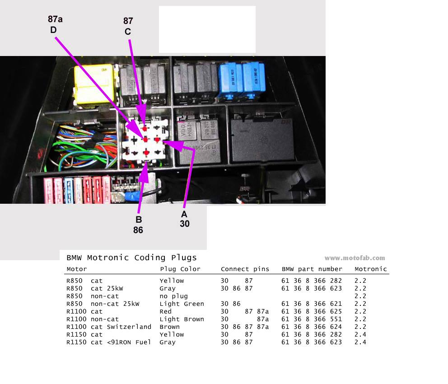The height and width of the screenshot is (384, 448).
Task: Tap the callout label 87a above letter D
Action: (x=55, y=19)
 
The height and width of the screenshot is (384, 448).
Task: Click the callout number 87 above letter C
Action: (x=129, y=21)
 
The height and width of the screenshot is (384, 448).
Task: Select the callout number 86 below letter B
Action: (x=138, y=230)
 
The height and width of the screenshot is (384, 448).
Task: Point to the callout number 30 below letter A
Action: (x=184, y=224)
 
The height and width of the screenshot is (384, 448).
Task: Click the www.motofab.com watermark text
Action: (x=355, y=258)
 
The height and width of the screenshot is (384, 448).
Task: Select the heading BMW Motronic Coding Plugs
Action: (x=131, y=258)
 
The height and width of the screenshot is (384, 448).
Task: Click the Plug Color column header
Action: (x=180, y=269)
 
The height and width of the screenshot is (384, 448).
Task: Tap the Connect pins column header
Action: (x=245, y=269)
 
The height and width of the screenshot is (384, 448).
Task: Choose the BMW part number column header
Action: (x=312, y=269)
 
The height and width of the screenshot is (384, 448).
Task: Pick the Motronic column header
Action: (x=371, y=269)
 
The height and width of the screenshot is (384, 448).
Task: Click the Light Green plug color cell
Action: (x=182, y=304)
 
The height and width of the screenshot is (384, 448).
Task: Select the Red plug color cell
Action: (x=166, y=312)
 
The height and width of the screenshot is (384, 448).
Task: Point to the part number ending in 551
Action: (x=312, y=319)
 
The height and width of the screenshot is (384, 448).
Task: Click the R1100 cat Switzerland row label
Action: (x=108, y=327)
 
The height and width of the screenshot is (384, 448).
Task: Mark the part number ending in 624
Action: (x=312, y=327)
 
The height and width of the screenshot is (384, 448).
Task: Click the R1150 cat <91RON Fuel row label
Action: (x=108, y=342)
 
